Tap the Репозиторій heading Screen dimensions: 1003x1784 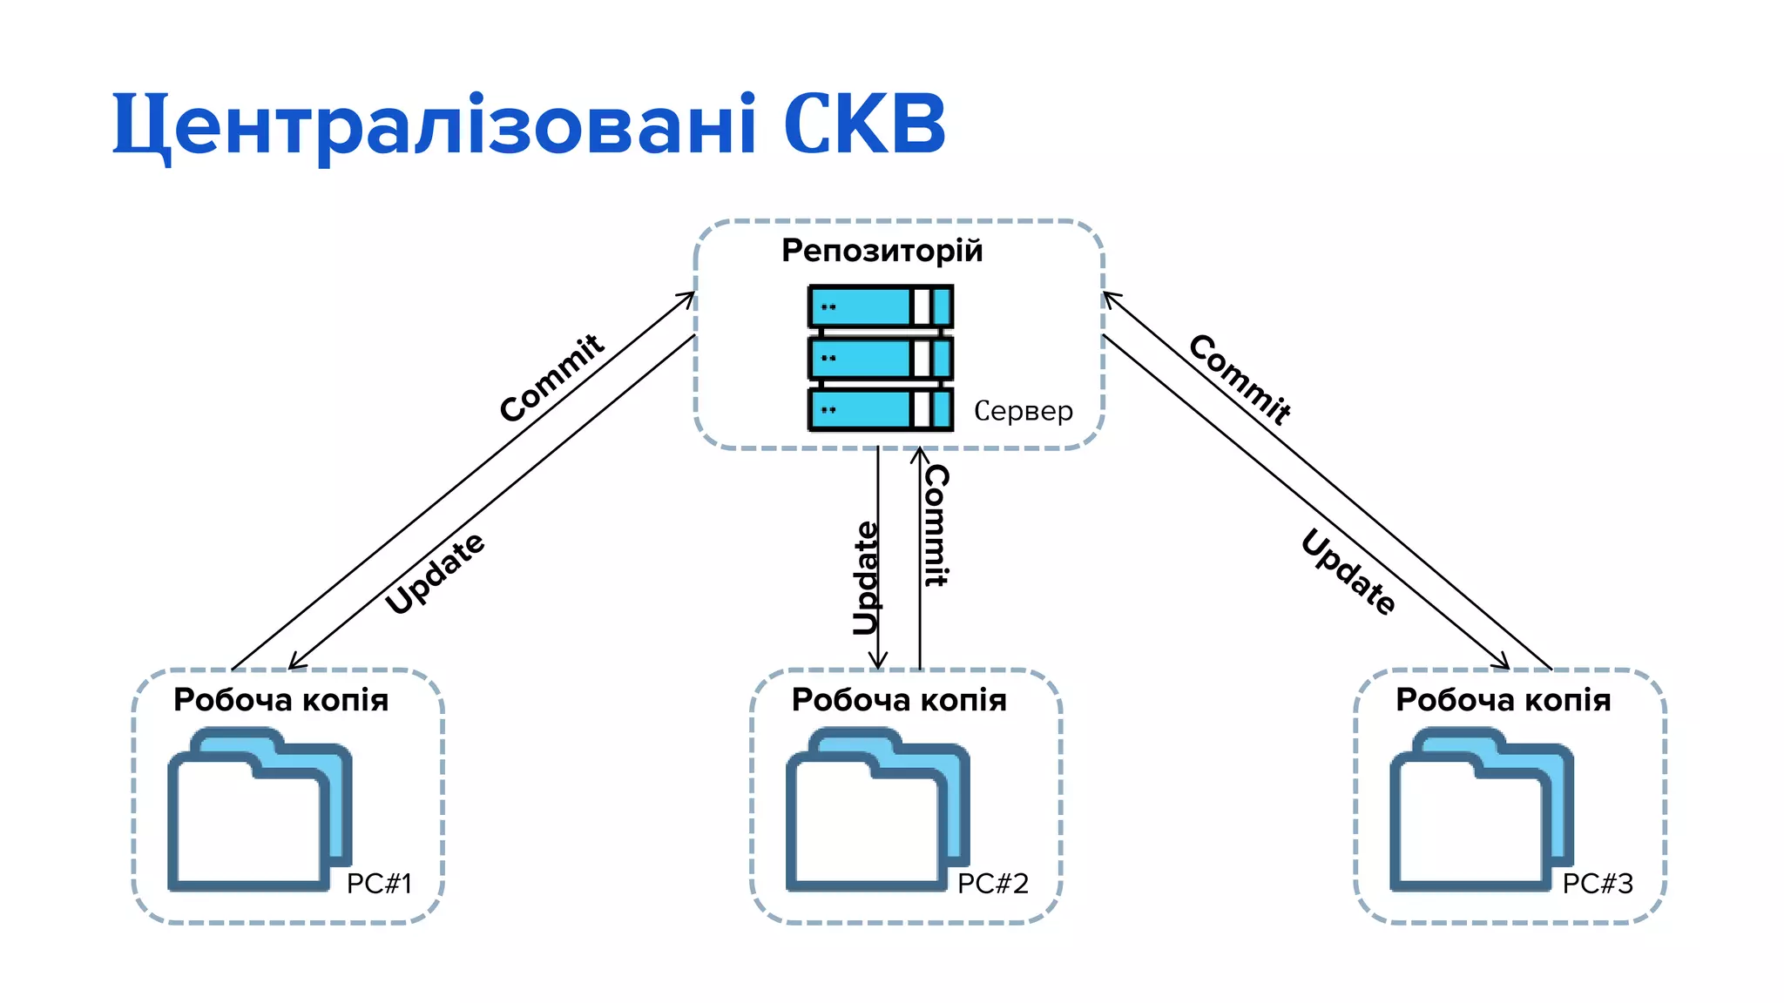[882, 251]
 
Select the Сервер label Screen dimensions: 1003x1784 [1023, 411]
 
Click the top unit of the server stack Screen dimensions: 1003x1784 [880, 306]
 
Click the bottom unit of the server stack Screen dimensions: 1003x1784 [880, 409]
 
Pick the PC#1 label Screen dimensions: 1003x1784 [379, 884]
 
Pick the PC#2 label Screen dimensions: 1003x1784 [993, 884]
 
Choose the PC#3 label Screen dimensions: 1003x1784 [1598, 884]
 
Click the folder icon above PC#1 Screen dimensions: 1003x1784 [258, 810]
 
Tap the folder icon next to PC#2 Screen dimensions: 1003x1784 [876, 810]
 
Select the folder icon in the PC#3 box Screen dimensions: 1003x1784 [1481, 810]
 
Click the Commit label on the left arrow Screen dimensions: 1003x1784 [551, 378]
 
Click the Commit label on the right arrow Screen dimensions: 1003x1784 [1240, 380]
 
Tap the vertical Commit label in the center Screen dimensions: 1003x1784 [936, 525]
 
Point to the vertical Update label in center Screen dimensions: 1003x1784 [866, 578]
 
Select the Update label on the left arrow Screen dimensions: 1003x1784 [435, 573]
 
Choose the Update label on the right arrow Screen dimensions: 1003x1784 [1348, 572]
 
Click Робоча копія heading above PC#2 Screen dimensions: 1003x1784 [899, 700]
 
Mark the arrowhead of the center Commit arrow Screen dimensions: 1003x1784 [920, 454]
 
